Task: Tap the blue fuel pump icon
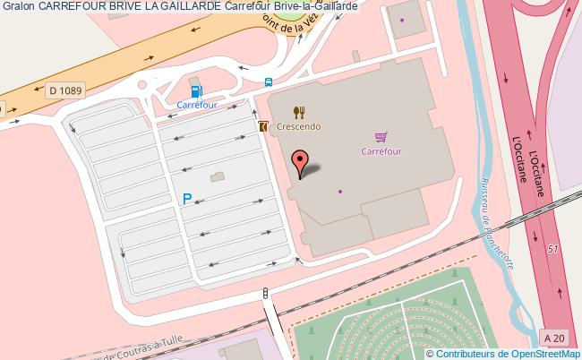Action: click(196, 90)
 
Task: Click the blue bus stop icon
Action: click(268, 83)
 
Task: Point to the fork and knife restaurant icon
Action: click(299, 112)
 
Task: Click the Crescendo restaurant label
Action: click(299, 128)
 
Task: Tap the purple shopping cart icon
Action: click(381, 136)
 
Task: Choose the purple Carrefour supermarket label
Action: click(381, 150)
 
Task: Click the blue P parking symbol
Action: click(187, 200)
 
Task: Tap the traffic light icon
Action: click(265, 293)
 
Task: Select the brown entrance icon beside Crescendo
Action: click(262, 127)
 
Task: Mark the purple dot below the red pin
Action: click(340, 191)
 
